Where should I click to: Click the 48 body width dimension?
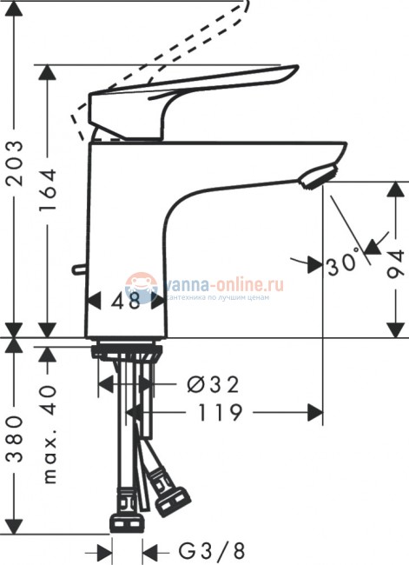click(126, 301)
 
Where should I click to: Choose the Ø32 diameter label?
click(213, 383)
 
